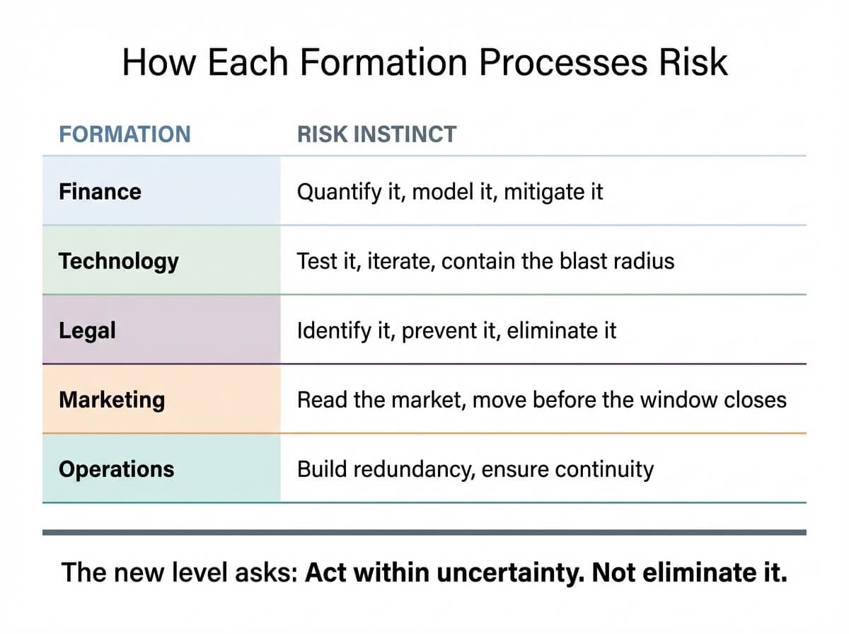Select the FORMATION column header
125,134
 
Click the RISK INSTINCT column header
376,134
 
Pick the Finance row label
100,192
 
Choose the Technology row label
118,261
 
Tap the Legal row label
87,330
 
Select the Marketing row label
112,400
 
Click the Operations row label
116,469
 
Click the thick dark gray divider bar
424,532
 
